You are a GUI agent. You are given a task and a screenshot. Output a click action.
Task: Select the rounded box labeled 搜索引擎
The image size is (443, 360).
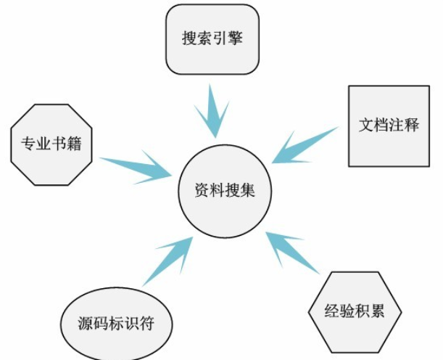(x=212, y=39)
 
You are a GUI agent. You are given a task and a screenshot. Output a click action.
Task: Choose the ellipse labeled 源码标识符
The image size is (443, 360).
(x=115, y=323)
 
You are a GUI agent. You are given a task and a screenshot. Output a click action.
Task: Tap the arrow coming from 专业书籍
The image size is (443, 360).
(x=138, y=165)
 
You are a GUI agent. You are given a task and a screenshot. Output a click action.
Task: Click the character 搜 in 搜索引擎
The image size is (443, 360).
(x=189, y=38)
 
